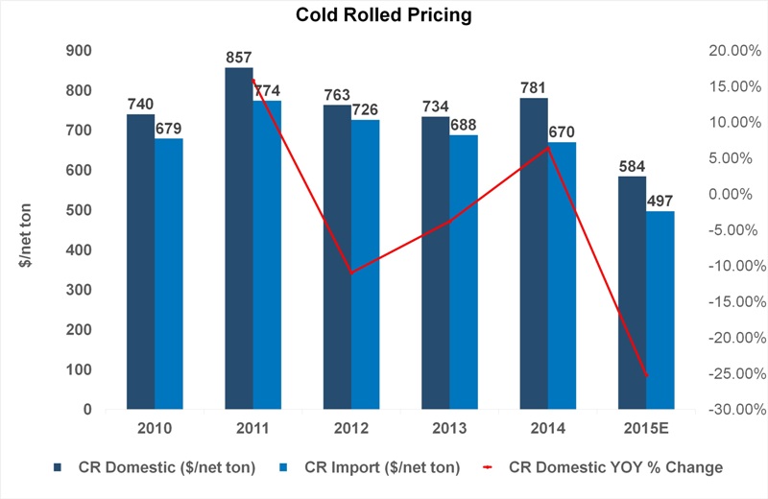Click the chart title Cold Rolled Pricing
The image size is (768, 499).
coord(384,15)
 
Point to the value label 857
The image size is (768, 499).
coord(239,58)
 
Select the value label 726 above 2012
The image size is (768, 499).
coord(366,109)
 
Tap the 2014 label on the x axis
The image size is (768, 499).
coord(548,427)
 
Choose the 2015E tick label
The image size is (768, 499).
coord(646,427)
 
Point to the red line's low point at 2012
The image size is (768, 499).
coord(351,273)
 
